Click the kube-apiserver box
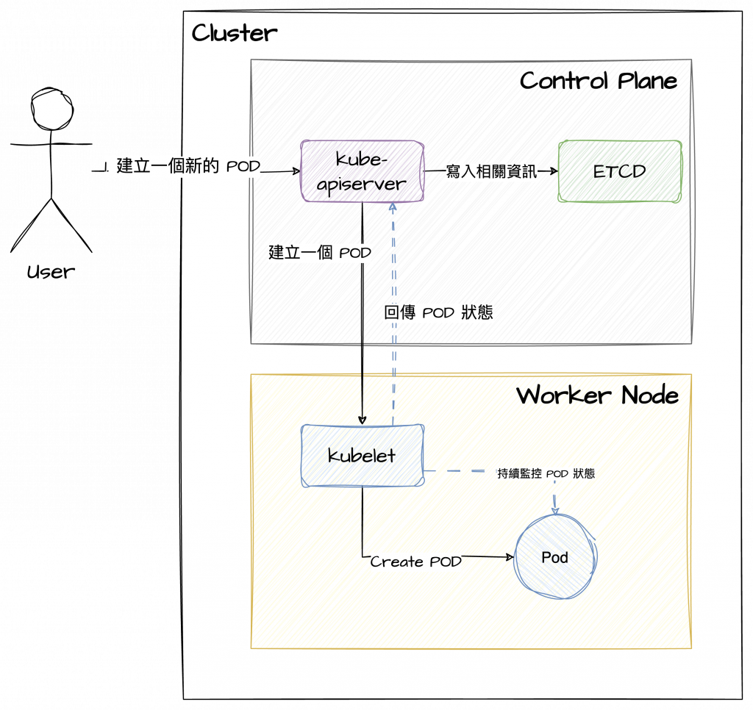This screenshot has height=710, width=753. (x=362, y=171)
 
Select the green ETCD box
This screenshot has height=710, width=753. (x=619, y=171)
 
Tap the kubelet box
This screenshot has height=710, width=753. (x=363, y=456)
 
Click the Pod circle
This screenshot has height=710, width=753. (x=555, y=557)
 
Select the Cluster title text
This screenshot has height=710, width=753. (x=235, y=34)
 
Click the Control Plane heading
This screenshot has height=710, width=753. (x=598, y=81)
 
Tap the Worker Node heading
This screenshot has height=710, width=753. (x=596, y=395)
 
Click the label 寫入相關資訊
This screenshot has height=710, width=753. (x=491, y=172)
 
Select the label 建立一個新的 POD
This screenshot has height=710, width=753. (x=188, y=166)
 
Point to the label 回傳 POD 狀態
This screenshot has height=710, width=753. (x=438, y=312)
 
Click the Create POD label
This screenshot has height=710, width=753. (x=416, y=562)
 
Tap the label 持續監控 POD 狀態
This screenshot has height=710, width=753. (x=546, y=474)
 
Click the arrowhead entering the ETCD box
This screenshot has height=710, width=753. (x=554, y=172)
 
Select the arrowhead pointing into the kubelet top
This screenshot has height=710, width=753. (x=363, y=420)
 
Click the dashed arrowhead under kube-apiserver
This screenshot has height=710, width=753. (x=393, y=207)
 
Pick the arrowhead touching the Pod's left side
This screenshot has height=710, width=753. (x=510, y=557)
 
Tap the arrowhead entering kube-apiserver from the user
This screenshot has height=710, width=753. (x=297, y=172)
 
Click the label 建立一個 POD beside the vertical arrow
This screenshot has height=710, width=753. (x=319, y=253)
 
